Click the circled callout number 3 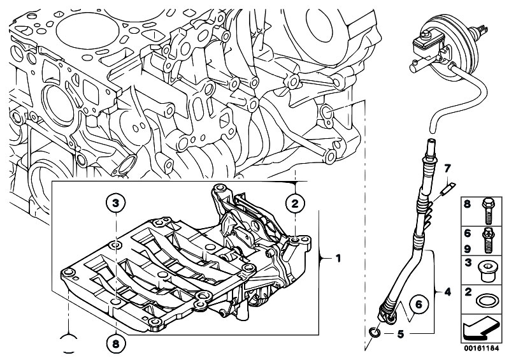tap(115, 203)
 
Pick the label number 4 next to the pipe tap(448, 292)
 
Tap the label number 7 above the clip tap(447, 168)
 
